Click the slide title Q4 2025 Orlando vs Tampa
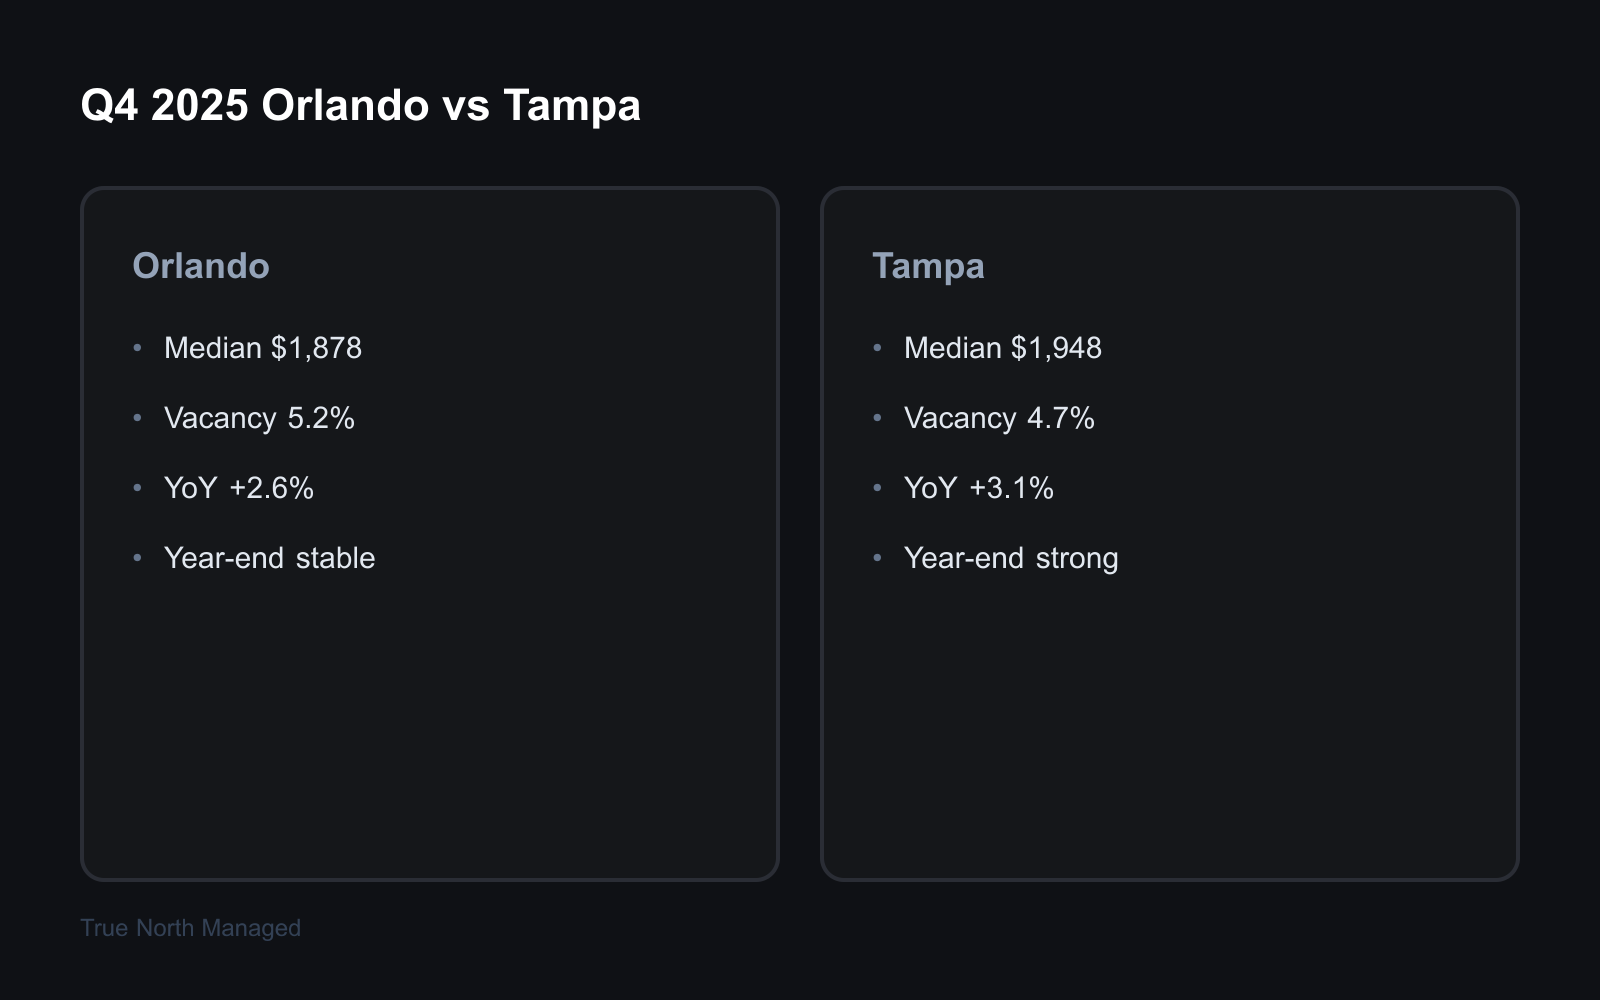[x=360, y=105]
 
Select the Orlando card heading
[x=201, y=266]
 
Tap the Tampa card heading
[x=928, y=266]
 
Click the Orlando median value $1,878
[x=316, y=348]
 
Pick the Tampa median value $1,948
[x=1056, y=348]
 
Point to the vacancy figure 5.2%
[x=321, y=418]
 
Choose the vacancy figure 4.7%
[x=1061, y=418]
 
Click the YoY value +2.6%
[x=271, y=488]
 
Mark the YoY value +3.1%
[x=1011, y=488]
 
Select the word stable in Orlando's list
[x=335, y=558]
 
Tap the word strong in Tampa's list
[x=1077, y=558]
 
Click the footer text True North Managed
[x=190, y=928]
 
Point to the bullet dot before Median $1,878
[x=138, y=348]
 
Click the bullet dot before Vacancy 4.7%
[x=878, y=418]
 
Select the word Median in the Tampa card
[x=952, y=348]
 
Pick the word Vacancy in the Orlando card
[x=220, y=418]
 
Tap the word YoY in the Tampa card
[x=930, y=488]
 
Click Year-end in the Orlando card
[x=224, y=558]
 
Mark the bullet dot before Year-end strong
[x=878, y=558]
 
